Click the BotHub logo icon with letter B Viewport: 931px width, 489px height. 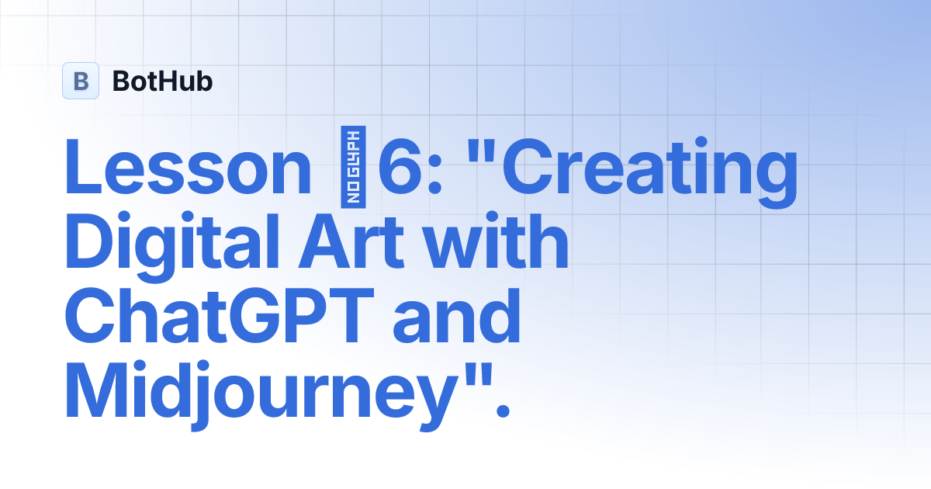click(x=81, y=81)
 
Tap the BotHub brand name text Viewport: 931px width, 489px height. click(x=162, y=81)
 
